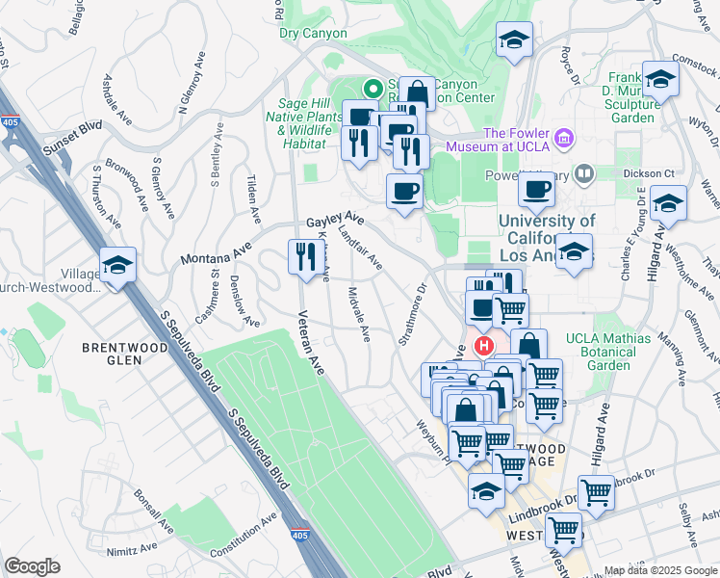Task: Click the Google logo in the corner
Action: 33,566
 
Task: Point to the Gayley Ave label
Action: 335,221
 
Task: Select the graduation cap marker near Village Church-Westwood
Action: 118,265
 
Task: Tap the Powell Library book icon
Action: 583,174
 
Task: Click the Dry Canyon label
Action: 313,33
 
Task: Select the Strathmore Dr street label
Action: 413,314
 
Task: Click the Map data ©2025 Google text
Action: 658,570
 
